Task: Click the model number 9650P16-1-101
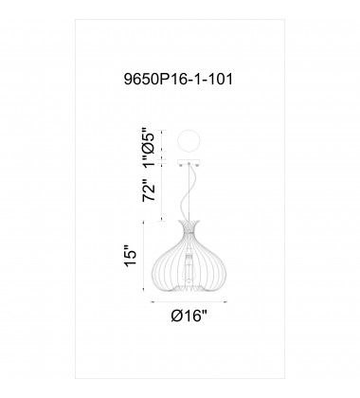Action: [x=180, y=81]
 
